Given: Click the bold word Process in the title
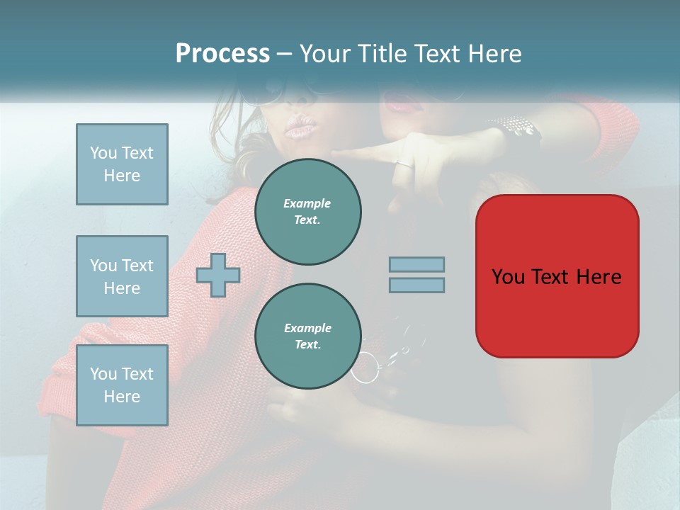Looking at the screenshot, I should (222, 54).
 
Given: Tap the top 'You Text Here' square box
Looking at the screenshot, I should (122, 164).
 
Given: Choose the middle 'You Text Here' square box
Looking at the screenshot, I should (122, 276).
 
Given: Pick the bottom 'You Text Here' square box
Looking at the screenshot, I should (122, 385).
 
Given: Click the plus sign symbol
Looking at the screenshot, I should (218, 274).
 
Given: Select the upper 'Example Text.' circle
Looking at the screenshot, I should (308, 212).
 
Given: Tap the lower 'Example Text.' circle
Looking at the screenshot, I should (308, 336).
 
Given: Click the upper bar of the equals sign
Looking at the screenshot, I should (416, 264).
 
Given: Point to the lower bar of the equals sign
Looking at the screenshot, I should (416, 285).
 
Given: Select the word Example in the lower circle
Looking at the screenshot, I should (307, 328).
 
